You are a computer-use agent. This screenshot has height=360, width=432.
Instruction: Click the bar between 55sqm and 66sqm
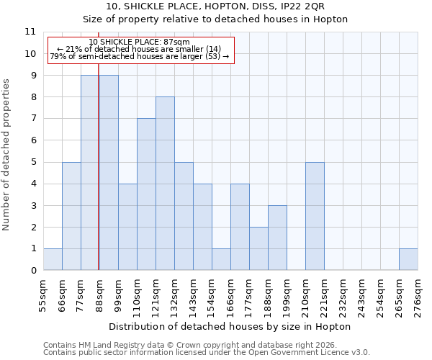pos(53,259)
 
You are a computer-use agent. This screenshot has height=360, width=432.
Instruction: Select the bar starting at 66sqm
pos(71,216)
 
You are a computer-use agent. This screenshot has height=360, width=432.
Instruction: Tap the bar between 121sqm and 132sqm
pos(165,184)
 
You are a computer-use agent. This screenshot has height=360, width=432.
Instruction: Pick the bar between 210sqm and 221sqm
pos(315,216)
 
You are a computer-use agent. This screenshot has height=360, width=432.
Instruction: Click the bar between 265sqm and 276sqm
pos(408,259)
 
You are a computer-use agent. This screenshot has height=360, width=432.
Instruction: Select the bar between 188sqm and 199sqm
pos(277,238)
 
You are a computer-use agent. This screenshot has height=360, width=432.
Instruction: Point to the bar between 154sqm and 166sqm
pos(221,259)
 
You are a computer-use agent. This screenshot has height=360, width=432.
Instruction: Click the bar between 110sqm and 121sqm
pos(146,194)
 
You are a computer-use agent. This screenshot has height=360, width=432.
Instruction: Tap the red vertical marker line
pos(98,180)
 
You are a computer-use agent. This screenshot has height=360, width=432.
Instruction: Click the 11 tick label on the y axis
pos(30,32)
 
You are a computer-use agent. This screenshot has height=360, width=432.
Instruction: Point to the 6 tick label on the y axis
pos(32,140)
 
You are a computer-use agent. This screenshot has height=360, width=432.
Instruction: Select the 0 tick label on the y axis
pos(32,271)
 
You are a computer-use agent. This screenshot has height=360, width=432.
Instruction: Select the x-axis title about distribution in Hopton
pos(230,326)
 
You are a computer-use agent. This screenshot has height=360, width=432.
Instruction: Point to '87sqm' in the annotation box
pos(176,42)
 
